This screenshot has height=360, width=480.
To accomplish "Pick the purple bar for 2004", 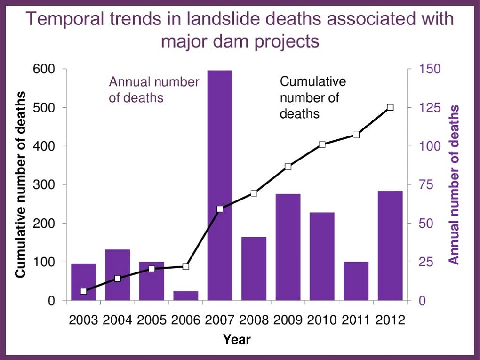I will click(x=117, y=275).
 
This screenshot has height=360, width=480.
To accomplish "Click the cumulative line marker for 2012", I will click(x=390, y=108).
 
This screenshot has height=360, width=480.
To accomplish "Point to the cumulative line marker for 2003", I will click(x=83, y=291).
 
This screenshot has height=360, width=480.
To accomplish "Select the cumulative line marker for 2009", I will click(x=288, y=167).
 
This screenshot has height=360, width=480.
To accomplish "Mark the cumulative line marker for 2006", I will click(x=185, y=266).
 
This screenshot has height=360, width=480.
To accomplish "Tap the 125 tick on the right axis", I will click(x=428, y=108).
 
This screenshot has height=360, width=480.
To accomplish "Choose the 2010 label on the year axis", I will click(x=322, y=320).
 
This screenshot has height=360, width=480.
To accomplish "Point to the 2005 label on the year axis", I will click(x=152, y=320).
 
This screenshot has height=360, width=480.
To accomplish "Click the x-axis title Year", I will click(x=237, y=339).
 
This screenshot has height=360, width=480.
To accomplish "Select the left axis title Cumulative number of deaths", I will click(x=21, y=185).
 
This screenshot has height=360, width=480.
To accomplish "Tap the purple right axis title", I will click(x=454, y=185).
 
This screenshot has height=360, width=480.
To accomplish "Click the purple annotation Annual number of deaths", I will click(x=154, y=90).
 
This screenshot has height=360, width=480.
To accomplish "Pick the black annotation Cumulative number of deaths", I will click(x=312, y=97).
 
